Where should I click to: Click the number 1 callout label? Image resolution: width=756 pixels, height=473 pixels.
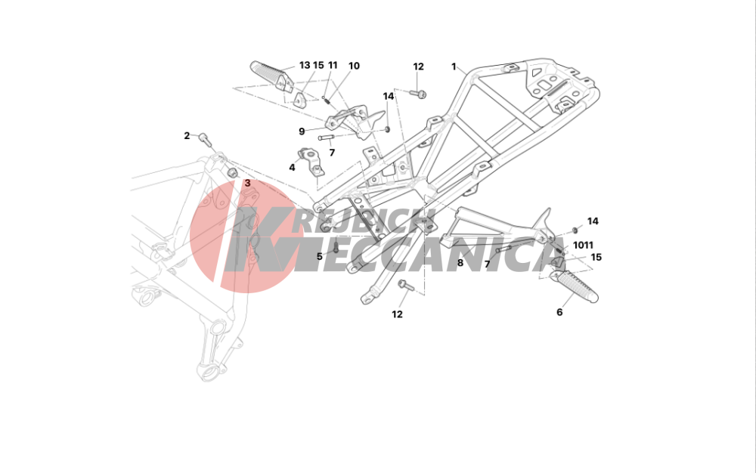(x=454, y=66)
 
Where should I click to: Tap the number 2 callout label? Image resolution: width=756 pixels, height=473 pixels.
(x=187, y=136)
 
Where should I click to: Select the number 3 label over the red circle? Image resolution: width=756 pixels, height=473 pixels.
(x=247, y=183)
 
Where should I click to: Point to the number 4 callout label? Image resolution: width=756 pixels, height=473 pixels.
(x=292, y=168)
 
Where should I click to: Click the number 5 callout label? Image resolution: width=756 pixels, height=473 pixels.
(x=319, y=256)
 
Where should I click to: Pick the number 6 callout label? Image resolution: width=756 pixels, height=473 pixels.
(x=559, y=312)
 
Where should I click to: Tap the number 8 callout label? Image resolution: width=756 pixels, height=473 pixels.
(x=460, y=263)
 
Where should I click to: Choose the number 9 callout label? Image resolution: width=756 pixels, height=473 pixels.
(x=302, y=131)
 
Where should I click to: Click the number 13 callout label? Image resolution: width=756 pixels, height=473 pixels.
(x=305, y=65)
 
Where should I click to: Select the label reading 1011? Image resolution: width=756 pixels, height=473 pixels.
(x=583, y=245)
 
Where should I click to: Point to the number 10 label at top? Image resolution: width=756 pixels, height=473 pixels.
(x=354, y=66)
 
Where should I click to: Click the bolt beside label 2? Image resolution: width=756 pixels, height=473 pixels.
(x=204, y=139)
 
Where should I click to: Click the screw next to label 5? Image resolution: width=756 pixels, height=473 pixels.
(x=336, y=246)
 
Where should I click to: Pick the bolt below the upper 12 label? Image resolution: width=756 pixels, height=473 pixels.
(x=419, y=94)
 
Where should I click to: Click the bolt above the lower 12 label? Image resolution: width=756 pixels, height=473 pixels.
(x=405, y=285)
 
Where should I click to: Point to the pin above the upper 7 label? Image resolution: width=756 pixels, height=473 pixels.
(x=326, y=138)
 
